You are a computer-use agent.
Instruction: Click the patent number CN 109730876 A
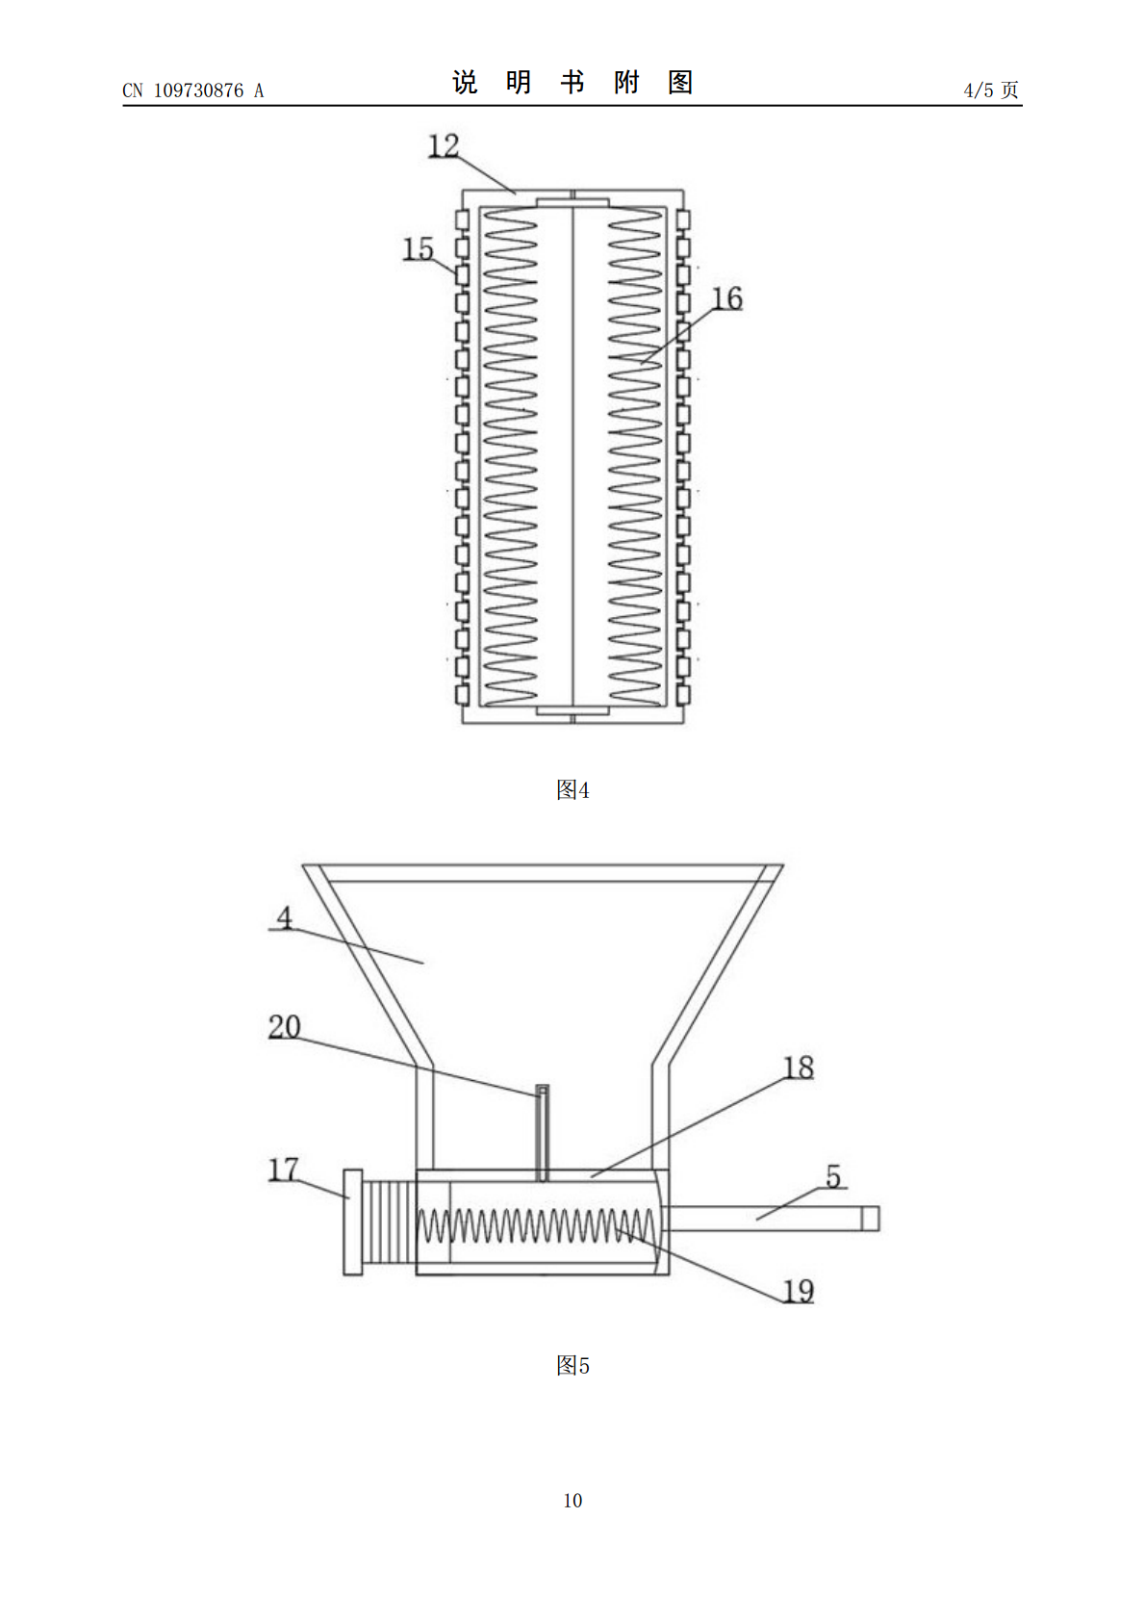point(192,90)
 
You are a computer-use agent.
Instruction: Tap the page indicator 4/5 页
point(990,90)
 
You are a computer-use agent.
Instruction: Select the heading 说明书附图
point(572,83)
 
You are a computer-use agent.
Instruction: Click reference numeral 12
point(444,145)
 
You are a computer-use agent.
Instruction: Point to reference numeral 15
point(419,249)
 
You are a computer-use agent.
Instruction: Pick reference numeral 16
point(726,298)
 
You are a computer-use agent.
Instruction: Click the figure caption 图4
point(572,789)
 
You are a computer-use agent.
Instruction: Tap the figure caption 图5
point(572,1366)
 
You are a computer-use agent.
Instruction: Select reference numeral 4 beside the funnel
point(284,917)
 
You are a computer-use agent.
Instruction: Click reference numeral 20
point(284,1026)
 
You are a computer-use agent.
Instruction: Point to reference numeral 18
point(799,1068)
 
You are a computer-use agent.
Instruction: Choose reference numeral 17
point(283,1170)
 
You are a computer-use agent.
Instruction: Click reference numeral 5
point(834,1176)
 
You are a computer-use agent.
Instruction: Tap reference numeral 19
point(799,1291)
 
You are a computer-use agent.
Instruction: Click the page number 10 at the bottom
point(572,1501)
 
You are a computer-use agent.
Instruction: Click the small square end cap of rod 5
point(870,1219)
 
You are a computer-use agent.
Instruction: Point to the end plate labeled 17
point(352,1222)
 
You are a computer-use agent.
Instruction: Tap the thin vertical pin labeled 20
point(542,1133)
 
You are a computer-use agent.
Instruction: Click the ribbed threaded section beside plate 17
point(389,1222)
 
